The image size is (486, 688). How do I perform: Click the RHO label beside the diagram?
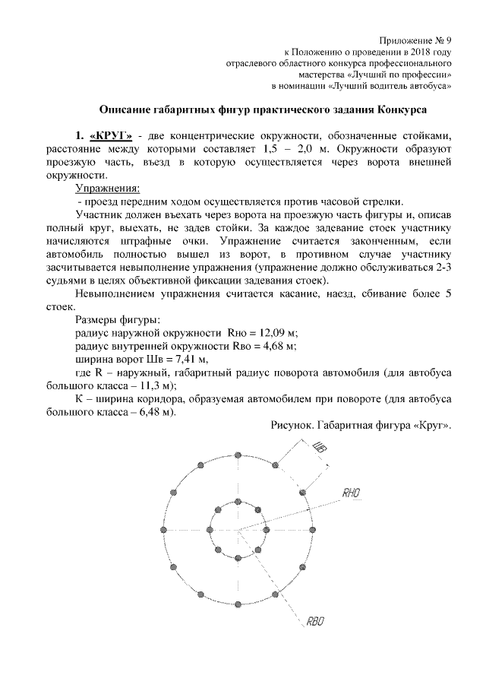[350, 493]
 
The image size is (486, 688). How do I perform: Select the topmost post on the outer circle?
[238, 455]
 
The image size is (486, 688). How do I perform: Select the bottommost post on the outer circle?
[238, 606]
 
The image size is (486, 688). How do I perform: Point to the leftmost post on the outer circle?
[163, 530]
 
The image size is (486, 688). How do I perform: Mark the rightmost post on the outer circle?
[313, 530]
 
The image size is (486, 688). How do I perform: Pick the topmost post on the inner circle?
[238, 501]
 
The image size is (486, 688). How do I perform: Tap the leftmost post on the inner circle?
[210, 530]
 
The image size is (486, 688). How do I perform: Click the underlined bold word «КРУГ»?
[111, 135]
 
